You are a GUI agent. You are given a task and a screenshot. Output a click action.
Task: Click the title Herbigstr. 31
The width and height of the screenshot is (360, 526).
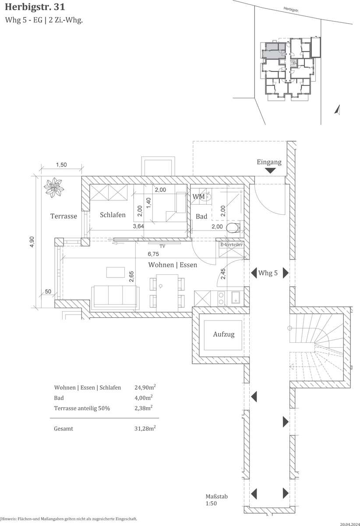tap(35, 7)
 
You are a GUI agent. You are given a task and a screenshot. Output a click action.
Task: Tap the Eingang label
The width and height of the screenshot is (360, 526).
tap(269, 162)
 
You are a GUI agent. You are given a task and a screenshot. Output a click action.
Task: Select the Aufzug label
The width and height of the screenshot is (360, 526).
tap(224, 334)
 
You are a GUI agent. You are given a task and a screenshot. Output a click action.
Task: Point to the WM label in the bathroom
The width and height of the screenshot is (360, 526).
tap(198, 196)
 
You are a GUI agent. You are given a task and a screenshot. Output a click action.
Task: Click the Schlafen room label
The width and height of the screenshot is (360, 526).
tap(113, 215)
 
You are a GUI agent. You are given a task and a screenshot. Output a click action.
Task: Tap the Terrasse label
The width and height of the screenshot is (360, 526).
tap(64, 216)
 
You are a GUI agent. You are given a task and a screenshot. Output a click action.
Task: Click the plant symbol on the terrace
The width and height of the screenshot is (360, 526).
tap(54, 188)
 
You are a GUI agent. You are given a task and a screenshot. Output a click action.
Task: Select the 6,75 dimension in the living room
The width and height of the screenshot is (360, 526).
tap(153, 254)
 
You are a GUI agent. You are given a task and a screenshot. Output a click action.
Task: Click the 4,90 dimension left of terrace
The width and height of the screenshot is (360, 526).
tap(32, 242)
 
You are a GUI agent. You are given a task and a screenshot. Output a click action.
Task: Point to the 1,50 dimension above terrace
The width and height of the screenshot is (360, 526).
tap(61, 165)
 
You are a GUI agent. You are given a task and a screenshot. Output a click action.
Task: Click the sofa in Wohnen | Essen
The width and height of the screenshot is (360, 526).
tap(115, 297)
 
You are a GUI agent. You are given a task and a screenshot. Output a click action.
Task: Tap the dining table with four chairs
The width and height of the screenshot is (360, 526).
tap(167, 293)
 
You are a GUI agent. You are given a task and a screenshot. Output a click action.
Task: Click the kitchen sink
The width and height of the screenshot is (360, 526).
tap(235, 298)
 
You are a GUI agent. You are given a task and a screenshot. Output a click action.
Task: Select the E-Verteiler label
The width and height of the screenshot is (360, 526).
tap(231, 245)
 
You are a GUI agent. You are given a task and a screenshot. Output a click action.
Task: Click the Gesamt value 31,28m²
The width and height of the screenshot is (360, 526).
tap(145, 428)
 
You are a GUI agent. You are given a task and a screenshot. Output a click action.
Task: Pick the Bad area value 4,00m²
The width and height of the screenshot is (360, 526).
tap(143, 398)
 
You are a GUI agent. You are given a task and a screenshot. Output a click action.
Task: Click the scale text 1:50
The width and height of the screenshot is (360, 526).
tap(211, 504)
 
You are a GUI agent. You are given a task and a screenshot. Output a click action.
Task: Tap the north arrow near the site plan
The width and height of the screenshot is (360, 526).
tap(338, 110)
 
